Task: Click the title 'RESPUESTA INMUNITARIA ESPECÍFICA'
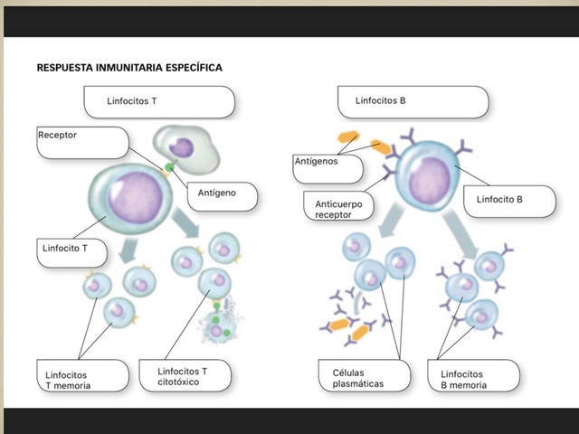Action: click(129, 68)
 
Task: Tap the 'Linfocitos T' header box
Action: click(159, 102)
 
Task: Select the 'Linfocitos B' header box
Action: click(413, 102)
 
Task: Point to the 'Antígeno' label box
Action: click(223, 196)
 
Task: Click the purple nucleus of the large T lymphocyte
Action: click(135, 197)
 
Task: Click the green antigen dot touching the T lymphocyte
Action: click(169, 168)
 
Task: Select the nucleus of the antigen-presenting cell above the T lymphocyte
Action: click(181, 147)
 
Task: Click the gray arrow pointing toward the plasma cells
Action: click(391, 219)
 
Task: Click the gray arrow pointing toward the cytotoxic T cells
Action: click(185, 222)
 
